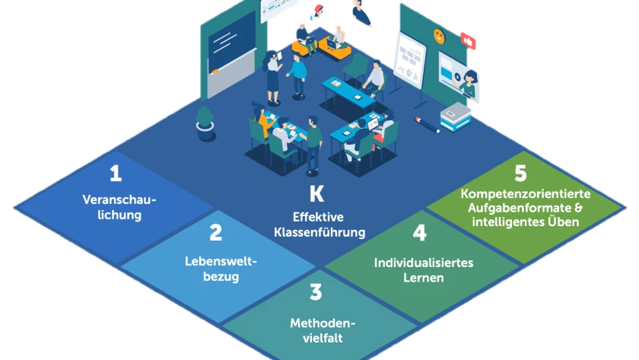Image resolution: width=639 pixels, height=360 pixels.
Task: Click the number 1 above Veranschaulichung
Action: coord(116,174)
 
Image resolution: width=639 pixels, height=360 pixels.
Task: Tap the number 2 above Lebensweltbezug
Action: coord(216,233)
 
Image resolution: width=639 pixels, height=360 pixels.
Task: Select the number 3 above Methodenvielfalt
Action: coord(316,292)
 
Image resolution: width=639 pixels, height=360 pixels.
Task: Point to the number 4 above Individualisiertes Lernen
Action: coord(419,233)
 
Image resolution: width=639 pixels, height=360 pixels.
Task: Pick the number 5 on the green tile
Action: coord(520,173)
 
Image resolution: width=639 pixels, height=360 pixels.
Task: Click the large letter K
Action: coord(317,194)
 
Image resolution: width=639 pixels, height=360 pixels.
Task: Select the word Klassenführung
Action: coord(319,232)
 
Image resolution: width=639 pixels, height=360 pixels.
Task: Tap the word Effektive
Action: coord(318,217)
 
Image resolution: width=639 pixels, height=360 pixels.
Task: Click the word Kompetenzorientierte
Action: coord(526,193)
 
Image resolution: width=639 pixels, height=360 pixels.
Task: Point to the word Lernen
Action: coord(424,278)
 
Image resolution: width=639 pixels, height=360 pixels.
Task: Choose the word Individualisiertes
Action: coord(424,263)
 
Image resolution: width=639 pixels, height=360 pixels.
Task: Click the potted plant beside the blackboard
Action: coord(205,124)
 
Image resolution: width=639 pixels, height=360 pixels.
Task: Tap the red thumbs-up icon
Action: coord(469,41)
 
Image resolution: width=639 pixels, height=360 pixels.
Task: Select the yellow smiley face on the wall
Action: coord(439,36)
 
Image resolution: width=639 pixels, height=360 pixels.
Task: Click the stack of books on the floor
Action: coord(456,116)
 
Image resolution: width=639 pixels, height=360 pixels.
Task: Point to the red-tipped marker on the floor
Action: coord(427,125)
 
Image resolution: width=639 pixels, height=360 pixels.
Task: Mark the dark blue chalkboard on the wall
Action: coord(232,42)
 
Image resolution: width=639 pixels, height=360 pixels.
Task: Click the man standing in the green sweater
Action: coord(313,145)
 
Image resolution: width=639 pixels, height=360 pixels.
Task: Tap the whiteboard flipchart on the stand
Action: coord(410,61)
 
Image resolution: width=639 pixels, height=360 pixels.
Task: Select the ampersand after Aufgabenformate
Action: coord(578,208)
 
